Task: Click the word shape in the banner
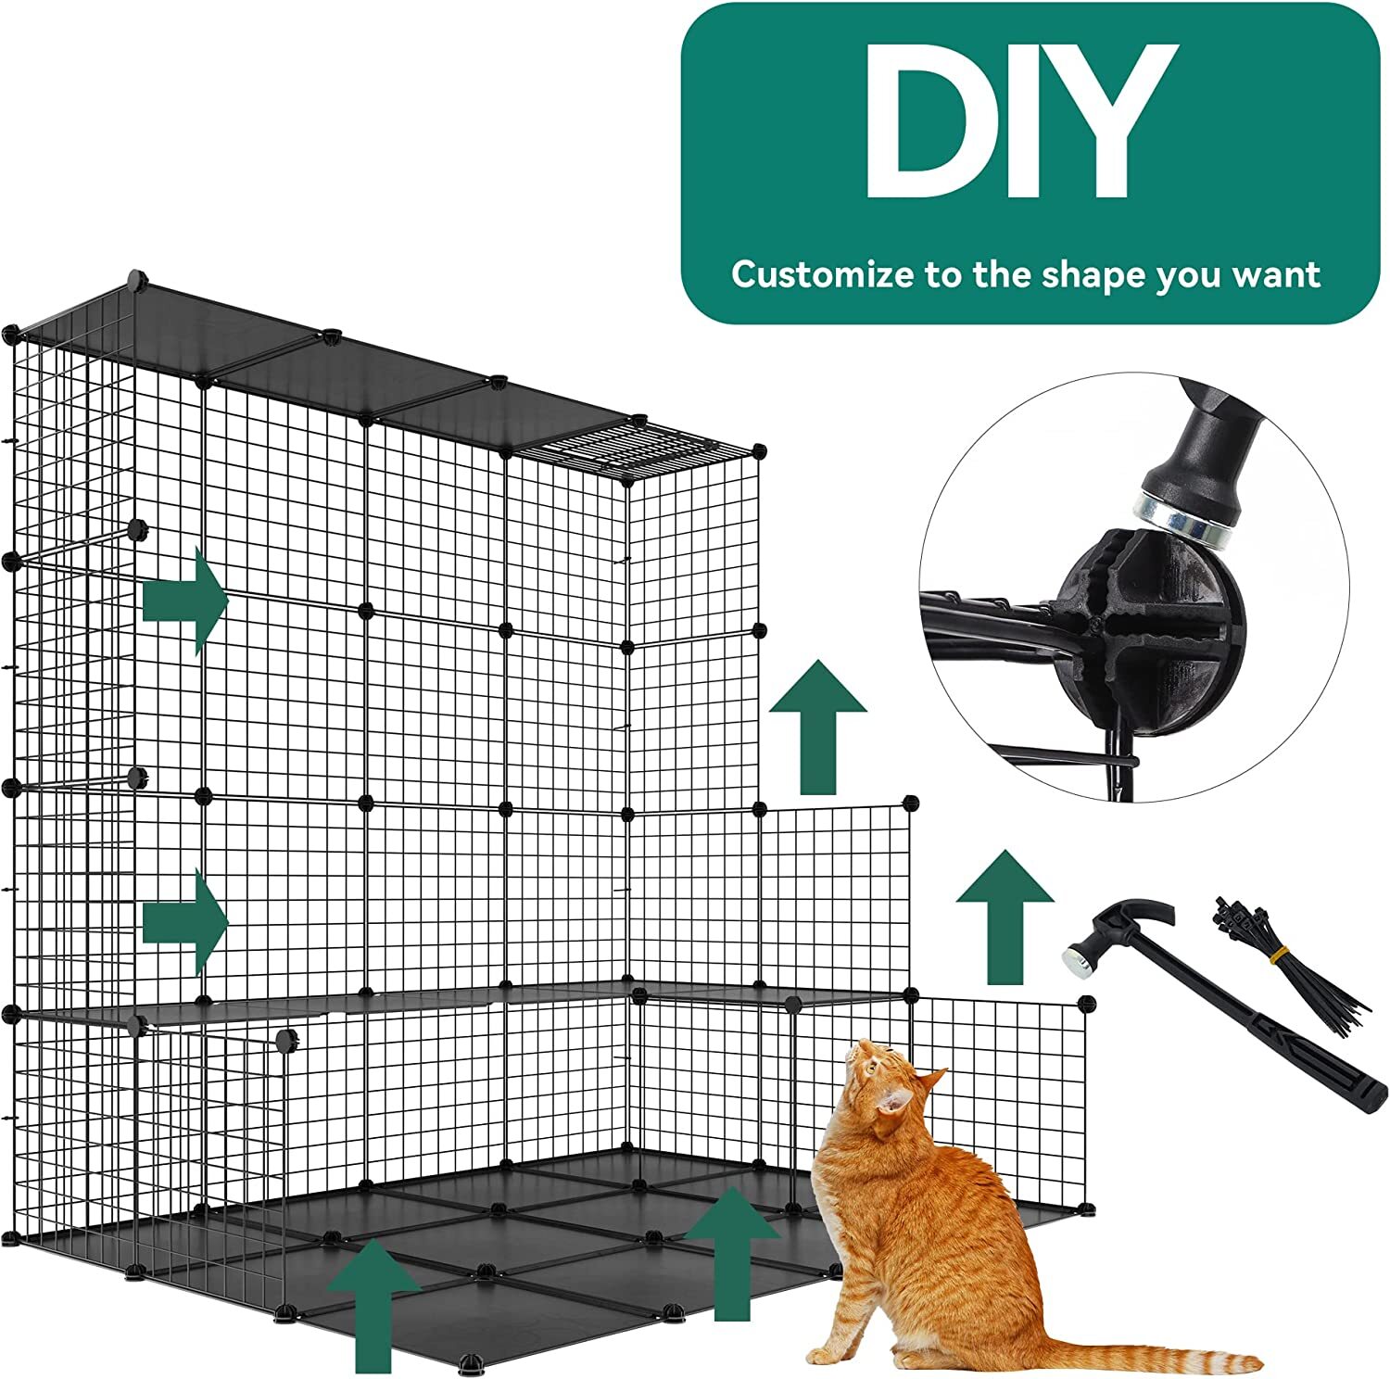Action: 1093,276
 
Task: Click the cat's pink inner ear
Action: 895,1102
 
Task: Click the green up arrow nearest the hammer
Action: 1004,917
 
